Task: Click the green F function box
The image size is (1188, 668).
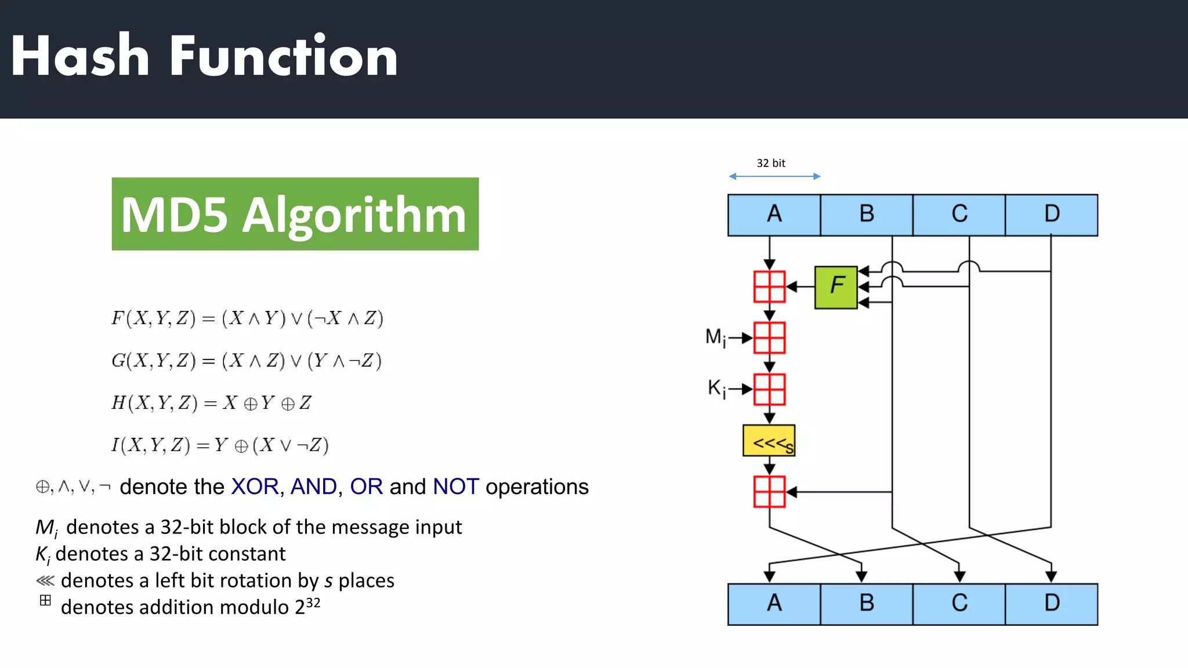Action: point(836,287)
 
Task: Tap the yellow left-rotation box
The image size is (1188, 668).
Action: point(769,441)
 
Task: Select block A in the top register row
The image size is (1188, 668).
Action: point(774,215)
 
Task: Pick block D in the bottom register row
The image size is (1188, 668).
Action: point(1051,604)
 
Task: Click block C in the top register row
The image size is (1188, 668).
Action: point(959,215)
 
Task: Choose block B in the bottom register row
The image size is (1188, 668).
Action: point(867,604)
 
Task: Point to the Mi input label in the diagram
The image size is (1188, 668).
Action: point(715,337)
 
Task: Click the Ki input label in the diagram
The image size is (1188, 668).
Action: point(716,388)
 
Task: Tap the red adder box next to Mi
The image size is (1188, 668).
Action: point(769,338)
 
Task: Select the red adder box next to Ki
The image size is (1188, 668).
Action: point(769,389)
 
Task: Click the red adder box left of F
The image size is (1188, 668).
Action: point(769,286)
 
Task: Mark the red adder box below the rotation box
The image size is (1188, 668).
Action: point(769,492)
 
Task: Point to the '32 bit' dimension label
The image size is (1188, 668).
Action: point(771,164)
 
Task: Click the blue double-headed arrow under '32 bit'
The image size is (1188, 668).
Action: point(774,176)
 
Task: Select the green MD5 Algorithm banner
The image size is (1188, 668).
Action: point(295,214)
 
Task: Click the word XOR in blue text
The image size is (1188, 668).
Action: point(255,487)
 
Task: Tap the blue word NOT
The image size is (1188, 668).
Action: point(456,487)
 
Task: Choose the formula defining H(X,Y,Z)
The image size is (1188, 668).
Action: point(212,402)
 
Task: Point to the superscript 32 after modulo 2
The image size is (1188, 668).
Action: point(313,602)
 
